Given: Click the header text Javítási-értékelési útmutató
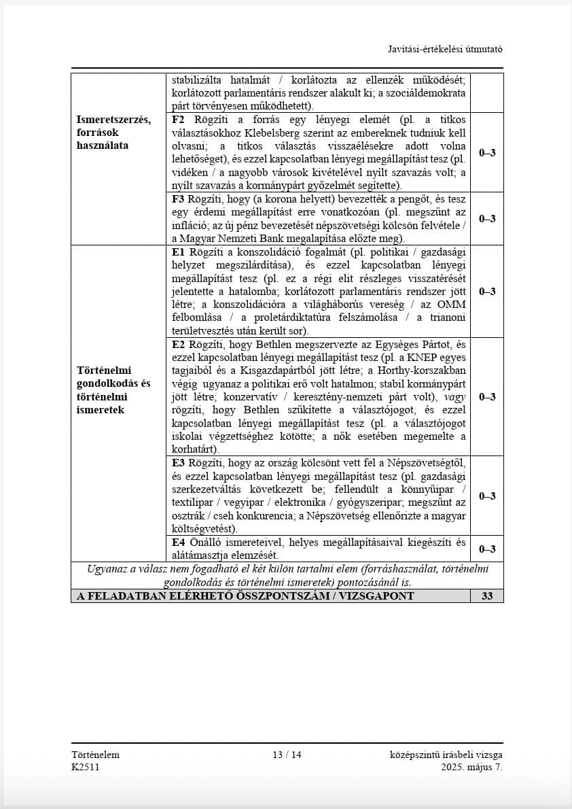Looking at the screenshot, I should pyautogui.click(x=445, y=50).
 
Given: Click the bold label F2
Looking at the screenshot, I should pyautogui.click(x=179, y=120).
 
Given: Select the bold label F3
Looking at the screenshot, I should pyautogui.click(x=179, y=199).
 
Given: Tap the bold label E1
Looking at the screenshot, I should pyautogui.click(x=179, y=252).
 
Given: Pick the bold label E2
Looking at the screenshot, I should pyautogui.click(x=179, y=345).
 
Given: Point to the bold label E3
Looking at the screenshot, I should pyautogui.click(x=179, y=463).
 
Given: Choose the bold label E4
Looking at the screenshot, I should pyautogui.click(x=179, y=543).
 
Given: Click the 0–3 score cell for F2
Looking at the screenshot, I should pyautogui.click(x=487, y=153).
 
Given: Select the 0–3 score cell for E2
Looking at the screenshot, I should pyautogui.click(x=487, y=397).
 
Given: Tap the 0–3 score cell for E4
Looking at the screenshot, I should pyautogui.click(x=487, y=549).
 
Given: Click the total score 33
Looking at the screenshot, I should pyautogui.click(x=487, y=596).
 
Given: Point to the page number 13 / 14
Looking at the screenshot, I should pyautogui.click(x=287, y=755).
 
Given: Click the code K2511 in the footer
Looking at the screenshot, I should pyautogui.click(x=85, y=767).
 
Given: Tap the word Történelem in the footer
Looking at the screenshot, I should pyautogui.click(x=95, y=755).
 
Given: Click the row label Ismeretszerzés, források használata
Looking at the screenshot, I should pyautogui.click(x=113, y=133).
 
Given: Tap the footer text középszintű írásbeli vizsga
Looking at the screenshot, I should pyautogui.click(x=446, y=755).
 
